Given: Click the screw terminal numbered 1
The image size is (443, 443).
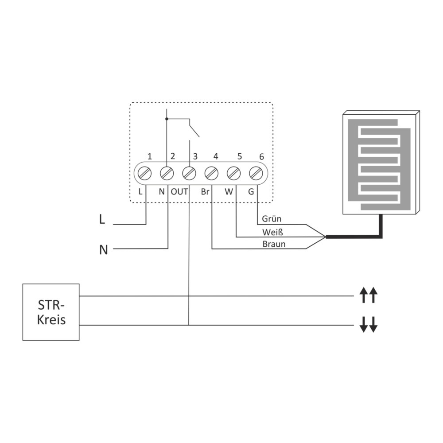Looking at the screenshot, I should (x=144, y=173).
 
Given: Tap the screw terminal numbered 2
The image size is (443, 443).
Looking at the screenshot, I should (x=167, y=173).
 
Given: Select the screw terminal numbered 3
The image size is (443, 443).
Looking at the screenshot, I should (x=189, y=173).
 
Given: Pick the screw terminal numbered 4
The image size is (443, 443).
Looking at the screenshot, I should (x=211, y=173).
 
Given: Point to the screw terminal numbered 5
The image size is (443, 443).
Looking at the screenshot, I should (x=233, y=173).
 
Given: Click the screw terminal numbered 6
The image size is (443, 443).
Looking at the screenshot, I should (x=256, y=173).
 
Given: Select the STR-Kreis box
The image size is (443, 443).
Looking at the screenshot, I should (x=51, y=312).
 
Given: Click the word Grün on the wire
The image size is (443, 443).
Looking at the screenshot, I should (x=272, y=219).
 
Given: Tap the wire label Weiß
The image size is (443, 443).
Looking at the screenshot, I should (x=272, y=232).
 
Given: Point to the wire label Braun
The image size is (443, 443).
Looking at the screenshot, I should (x=274, y=244).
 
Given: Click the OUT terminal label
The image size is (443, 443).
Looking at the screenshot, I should (x=179, y=192).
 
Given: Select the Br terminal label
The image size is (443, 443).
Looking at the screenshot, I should (x=205, y=192).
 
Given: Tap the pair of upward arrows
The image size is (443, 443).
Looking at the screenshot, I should (x=368, y=295).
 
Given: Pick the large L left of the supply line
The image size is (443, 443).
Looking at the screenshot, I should (x=102, y=220).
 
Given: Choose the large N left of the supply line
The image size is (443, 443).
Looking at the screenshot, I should (x=104, y=250).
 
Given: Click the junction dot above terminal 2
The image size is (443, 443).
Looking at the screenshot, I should (x=167, y=119).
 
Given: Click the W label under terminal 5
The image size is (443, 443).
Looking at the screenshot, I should (x=229, y=192).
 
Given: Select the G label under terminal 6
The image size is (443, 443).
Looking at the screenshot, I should (x=251, y=192).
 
